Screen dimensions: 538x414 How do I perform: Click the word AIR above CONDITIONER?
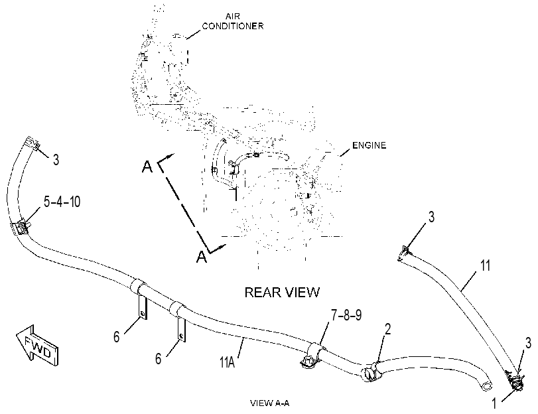coord(233,16)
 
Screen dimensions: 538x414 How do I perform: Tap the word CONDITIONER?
coord(233,26)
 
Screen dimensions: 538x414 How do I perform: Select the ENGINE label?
coord(370,145)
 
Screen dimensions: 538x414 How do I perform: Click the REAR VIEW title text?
coord(282,292)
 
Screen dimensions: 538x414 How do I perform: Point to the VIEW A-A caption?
coord(270,403)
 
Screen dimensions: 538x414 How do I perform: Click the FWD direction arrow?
coord(37,345)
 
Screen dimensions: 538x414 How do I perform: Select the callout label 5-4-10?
coord(62,202)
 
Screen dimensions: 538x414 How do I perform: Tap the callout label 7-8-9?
coord(346,314)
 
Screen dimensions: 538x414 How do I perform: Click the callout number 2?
coord(387,329)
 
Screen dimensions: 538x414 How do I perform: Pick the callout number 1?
coord(494,403)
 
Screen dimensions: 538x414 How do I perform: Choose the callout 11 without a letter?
coord(486,265)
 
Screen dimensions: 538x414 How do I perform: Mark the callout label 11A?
coord(227,362)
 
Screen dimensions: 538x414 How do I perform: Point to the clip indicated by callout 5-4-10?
coord(23,228)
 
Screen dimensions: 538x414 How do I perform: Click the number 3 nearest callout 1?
coord(529,343)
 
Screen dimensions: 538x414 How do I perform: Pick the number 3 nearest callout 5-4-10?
coord(56,160)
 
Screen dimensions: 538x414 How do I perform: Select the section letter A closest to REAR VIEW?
coord(202,257)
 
